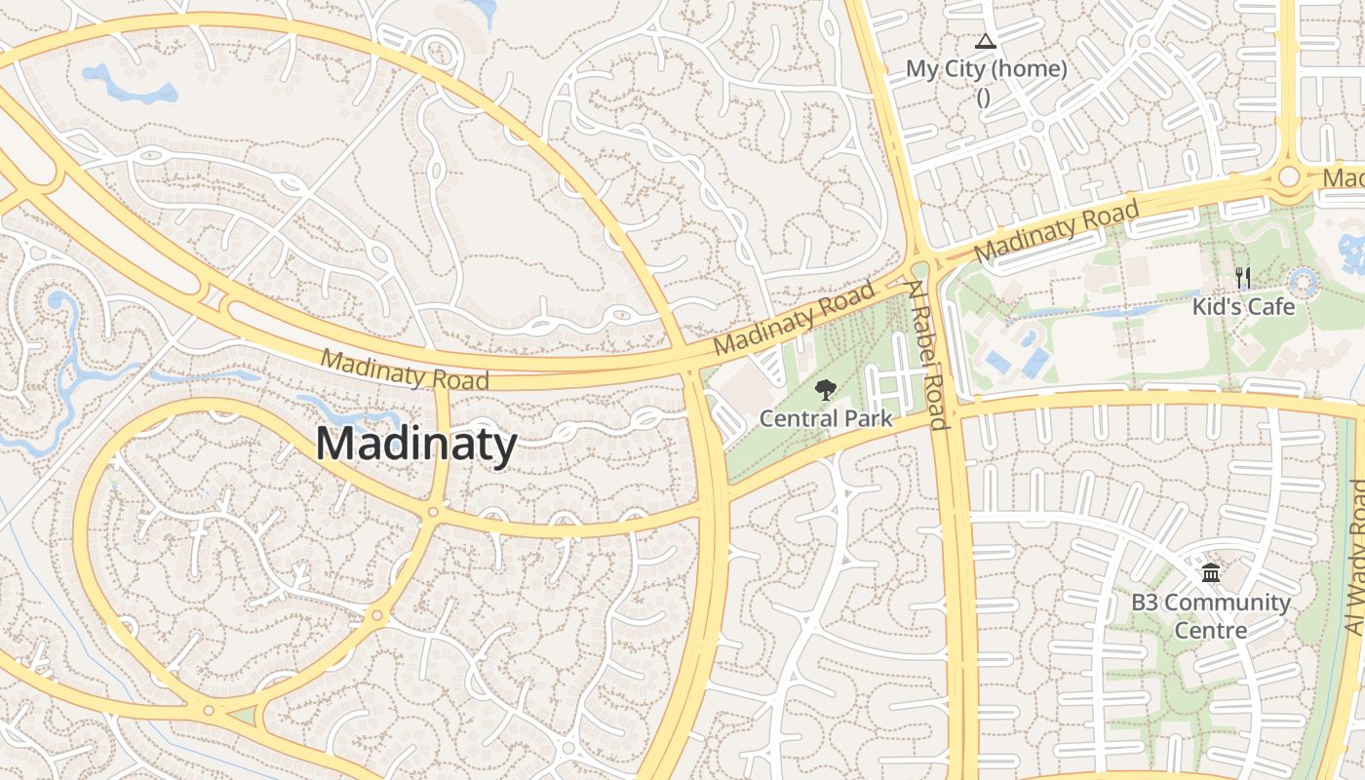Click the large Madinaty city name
pos(416,445)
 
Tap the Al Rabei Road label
pos(927,355)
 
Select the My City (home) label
pos(986,69)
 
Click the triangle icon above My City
pos(985,42)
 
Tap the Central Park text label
pos(826,419)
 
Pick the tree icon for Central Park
pos(826,390)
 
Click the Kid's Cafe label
pos(1243,307)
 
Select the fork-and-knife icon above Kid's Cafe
pos(1242,278)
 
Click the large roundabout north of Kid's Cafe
pos(1289,176)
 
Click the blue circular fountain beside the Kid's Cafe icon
pos(1304,284)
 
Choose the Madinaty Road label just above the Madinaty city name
pos(405,370)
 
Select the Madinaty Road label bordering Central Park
pos(794,319)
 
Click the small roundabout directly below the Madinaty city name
pos(433,511)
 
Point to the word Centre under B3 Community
pos(1210,631)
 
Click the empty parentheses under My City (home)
pos(983,97)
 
